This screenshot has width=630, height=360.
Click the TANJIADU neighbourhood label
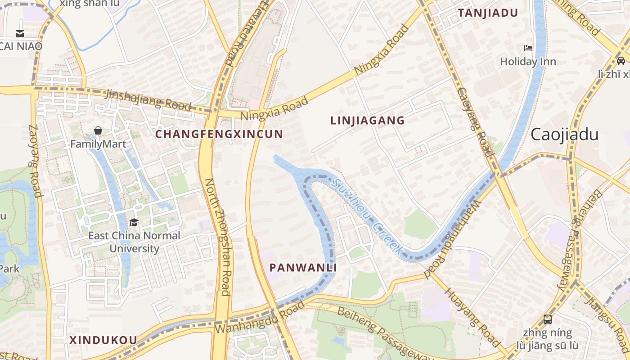click(488, 13)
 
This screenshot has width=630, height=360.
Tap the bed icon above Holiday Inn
click(528, 48)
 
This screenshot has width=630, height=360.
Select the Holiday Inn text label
click(528, 62)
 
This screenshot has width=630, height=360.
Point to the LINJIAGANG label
click(368, 121)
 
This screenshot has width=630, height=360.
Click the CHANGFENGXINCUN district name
click(219, 134)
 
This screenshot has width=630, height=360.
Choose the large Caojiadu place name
click(564, 135)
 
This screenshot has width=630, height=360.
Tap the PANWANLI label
click(303, 268)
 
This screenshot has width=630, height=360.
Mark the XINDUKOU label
click(103, 340)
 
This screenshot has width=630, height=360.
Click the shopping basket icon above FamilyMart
click(98, 131)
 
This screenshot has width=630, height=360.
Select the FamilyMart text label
click(98, 144)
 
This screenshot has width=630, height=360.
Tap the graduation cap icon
click(134, 222)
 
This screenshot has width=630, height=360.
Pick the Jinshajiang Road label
click(148, 99)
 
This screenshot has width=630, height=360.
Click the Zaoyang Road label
click(35, 161)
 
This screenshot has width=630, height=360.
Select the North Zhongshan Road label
click(218, 237)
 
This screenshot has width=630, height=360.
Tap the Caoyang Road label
click(476, 121)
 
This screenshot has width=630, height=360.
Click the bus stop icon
click(547, 319)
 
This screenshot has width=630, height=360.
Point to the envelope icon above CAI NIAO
click(20, 33)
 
